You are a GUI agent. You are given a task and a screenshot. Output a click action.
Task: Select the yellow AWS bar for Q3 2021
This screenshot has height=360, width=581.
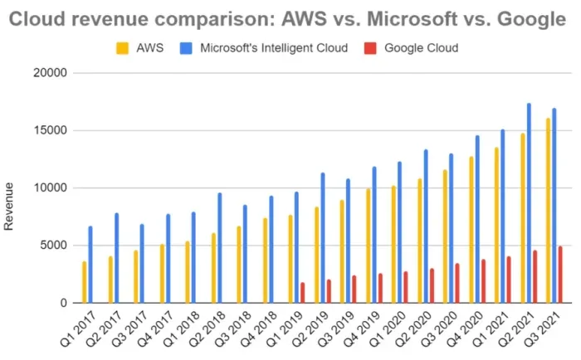pyautogui.click(x=548, y=211)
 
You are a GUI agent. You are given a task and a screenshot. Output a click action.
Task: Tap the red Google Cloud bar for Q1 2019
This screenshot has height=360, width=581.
pyautogui.click(x=302, y=293)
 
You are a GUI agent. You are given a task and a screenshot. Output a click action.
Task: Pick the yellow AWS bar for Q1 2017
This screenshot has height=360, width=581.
pyautogui.click(x=84, y=282)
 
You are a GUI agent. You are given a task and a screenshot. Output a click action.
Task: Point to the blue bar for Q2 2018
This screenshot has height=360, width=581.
pyautogui.click(x=219, y=248)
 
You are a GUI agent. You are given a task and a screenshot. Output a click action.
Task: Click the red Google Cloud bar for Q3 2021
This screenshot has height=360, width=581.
pyautogui.click(x=560, y=275)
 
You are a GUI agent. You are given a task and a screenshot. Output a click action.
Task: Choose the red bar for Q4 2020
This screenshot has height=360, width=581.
pyautogui.click(x=483, y=281)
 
